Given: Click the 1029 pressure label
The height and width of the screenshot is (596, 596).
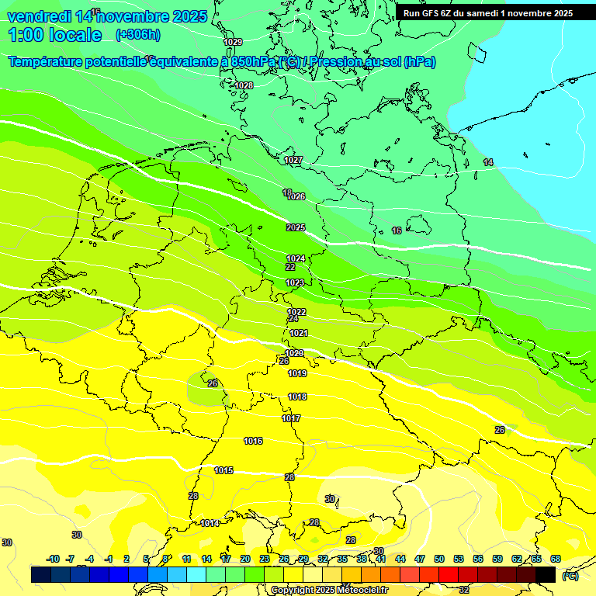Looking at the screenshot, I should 233,42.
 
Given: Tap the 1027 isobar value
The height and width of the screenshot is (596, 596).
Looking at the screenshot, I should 293,160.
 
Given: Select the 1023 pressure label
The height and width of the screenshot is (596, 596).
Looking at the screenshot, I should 295,282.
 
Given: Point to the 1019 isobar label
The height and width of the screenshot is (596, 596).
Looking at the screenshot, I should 297,373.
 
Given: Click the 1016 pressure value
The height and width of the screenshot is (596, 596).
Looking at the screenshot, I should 253,441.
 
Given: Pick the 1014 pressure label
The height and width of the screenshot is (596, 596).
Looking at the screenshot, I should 210,523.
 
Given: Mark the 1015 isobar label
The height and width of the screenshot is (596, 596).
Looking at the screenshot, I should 224,470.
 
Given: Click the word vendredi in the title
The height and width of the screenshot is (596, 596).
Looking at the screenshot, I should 40,16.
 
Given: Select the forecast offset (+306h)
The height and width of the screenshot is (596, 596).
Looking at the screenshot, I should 137,35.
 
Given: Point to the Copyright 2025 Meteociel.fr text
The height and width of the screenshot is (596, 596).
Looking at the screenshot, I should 329,590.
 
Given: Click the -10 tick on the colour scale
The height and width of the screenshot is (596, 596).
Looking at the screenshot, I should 53,559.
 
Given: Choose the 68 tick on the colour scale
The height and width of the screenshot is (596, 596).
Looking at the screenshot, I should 556,559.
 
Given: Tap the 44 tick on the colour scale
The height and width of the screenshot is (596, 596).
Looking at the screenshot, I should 400,559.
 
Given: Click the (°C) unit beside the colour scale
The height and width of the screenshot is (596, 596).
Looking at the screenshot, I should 570,575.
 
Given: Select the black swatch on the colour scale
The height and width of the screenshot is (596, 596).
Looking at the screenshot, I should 546,574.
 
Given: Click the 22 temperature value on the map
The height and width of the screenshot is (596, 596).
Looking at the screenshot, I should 290,266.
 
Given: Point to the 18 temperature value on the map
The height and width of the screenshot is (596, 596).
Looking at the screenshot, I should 287,192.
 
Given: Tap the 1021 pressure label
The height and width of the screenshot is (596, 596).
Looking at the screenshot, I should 299,333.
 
